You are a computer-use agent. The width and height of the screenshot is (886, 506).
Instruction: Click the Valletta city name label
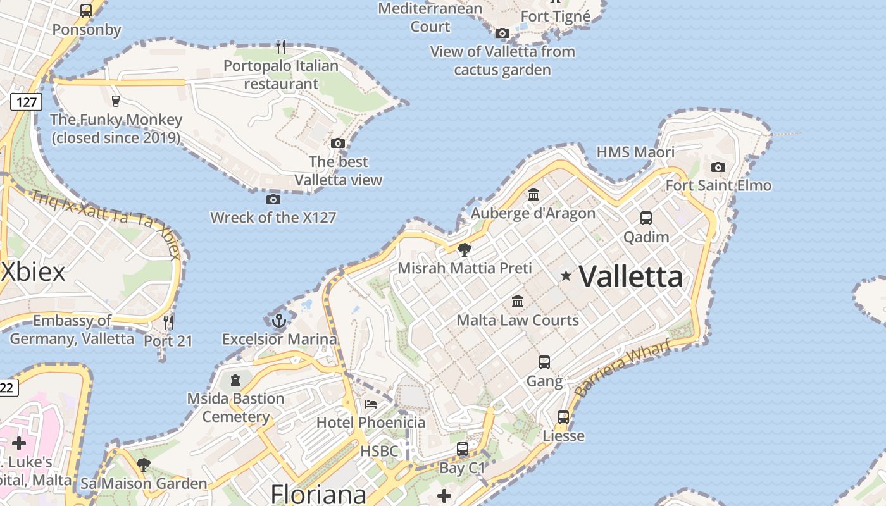[x=631, y=276]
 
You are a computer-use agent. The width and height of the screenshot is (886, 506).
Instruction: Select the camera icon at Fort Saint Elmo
[x=718, y=167]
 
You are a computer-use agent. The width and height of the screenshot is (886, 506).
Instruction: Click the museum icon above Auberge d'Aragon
[x=533, y=194]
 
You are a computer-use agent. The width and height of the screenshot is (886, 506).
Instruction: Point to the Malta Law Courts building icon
[x=518, y=300]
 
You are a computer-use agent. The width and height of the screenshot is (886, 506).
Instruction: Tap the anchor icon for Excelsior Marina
[x=279, y=321]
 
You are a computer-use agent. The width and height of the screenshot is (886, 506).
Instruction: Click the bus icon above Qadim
[x=646, y=218]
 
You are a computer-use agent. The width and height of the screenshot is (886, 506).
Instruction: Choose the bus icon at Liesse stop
[x=563, y=417]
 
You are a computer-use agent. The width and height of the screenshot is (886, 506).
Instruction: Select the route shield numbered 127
[x=26, y=101]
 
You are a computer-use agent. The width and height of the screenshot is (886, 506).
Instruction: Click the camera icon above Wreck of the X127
[x=273, y=199]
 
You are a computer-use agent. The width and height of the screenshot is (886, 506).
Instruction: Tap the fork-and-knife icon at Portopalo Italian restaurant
[x=281, y=46]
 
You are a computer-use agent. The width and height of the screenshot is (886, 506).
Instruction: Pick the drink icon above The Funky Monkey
[x=115, y=101]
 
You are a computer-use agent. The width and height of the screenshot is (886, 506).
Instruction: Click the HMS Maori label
[x=635, y=152]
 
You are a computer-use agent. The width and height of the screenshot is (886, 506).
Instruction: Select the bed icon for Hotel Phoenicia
[x=371, y=404]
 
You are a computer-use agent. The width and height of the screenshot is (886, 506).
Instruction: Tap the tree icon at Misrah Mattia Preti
[x=465, y=249]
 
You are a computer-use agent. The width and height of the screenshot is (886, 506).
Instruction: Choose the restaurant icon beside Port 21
[x=168, y=323]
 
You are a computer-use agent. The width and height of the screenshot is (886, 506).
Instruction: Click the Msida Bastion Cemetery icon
[x=235, y=379]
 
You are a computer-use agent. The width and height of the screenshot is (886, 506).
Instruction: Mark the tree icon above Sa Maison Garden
[x=144, y=465]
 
